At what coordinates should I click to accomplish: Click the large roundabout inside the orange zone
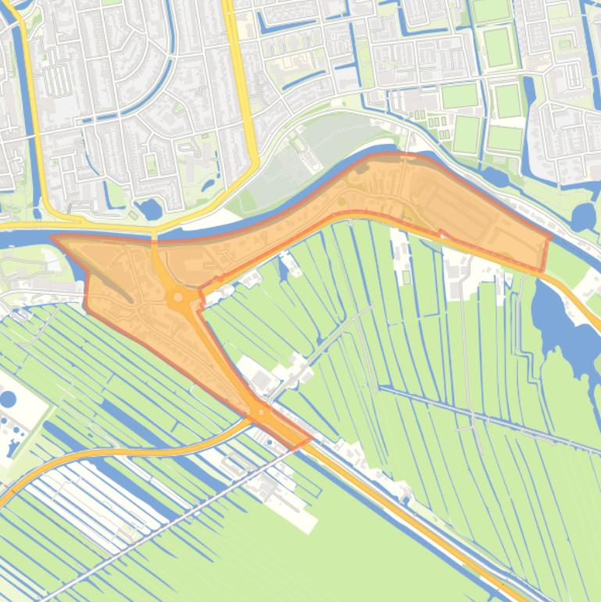click(x=179, y=296)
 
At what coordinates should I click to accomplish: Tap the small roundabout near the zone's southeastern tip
click(x=260, y=410)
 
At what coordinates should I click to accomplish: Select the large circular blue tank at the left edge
click(x=7, y=399)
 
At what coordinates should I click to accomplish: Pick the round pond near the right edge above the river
click(x=582, y=216)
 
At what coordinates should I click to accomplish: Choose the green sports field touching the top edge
click(x=491, y=10)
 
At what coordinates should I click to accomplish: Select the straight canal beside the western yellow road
click(x=32, y=117)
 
